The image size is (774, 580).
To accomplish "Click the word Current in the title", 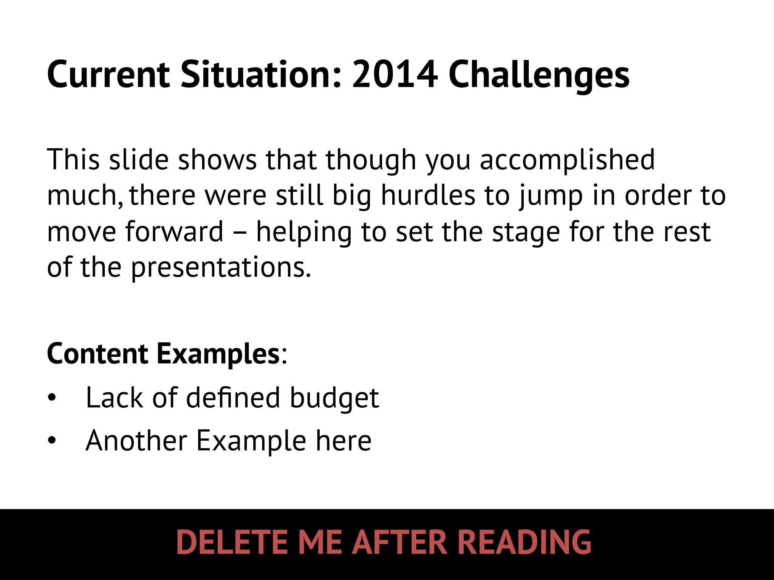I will [x=108, y=75].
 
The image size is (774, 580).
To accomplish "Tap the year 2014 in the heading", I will [x=395, y=75].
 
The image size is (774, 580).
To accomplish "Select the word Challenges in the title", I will [x=539, y=76].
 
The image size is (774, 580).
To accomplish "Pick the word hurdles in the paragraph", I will [x=428, y=196].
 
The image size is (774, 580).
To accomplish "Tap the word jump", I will [x=551, y=196].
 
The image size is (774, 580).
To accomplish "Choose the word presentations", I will [x=221, y=267].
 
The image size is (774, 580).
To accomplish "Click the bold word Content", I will [x=98, y=353].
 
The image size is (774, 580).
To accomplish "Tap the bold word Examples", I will [x=218, y=354].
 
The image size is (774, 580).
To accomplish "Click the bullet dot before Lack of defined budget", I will [x=52, y=398].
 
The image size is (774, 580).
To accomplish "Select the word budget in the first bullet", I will [x=334, y=398].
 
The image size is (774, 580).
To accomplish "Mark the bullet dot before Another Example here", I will [x=52, y=440].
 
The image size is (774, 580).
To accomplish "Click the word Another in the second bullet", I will [x=136, y=440].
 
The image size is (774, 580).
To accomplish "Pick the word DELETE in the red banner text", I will [x=232, y=542].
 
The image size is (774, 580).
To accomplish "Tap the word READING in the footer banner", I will [x=524, y=542].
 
